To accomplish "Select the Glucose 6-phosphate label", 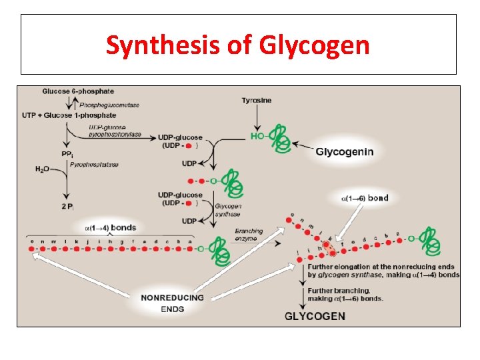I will click(78, 91).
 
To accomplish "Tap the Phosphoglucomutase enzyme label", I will click(110, 105).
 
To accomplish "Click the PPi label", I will click(67, 154).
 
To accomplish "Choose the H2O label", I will click(42, 169).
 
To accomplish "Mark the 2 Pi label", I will click(68, 207).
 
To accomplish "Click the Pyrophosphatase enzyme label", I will click(94, 165).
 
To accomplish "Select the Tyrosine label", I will click(256, 101).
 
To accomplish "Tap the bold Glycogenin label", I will click(345, 152).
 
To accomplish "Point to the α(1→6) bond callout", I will click(364, 198).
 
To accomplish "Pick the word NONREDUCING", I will click(173, 297).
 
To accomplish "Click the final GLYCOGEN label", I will click(315, 315).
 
